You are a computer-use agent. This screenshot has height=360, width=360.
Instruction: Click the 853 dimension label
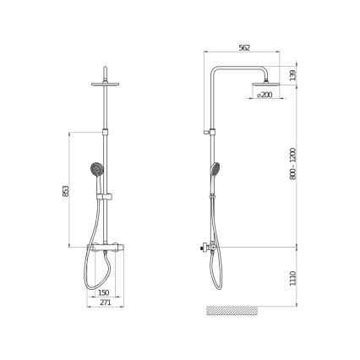66,192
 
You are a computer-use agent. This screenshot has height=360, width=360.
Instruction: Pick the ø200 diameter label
265,96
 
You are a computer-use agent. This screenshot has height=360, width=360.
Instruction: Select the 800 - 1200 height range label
293,162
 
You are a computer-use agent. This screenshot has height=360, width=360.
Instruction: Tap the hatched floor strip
233,310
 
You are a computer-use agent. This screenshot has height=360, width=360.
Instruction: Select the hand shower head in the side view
215,168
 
